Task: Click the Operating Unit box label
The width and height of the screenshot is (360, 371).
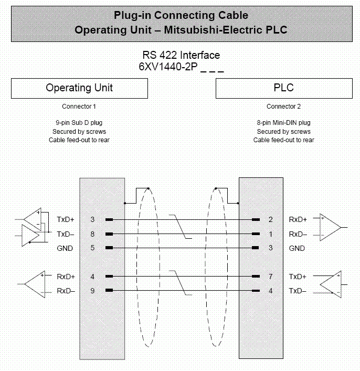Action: pos(79,88)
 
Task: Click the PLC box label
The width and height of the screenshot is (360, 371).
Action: pos(283,88)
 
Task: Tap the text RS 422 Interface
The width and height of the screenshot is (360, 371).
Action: pos(181,55)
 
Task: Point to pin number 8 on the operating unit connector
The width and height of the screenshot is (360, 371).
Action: pos(92,234)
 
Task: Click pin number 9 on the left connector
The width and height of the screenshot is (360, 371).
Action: pos(92,290)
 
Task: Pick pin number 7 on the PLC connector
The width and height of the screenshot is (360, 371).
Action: pos(271,276)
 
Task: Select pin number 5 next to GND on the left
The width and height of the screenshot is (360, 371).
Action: pos(92,248)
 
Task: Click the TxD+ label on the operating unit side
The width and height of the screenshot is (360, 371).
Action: pos(66,219)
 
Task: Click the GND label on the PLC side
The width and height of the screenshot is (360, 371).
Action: pos(297,248)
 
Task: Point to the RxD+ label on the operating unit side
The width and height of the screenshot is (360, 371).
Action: pos(66,276)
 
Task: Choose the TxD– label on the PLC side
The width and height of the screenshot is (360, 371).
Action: pos(298,290)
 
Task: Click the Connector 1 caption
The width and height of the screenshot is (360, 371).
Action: pos(79,107)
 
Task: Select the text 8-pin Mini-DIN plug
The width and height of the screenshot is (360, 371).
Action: pos(283,123)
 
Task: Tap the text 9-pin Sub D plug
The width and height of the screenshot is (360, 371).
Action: pos(79,123)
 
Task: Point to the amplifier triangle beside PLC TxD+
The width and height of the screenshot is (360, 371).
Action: pos(329,283)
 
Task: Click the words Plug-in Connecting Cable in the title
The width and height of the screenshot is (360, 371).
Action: pos(181,15)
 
